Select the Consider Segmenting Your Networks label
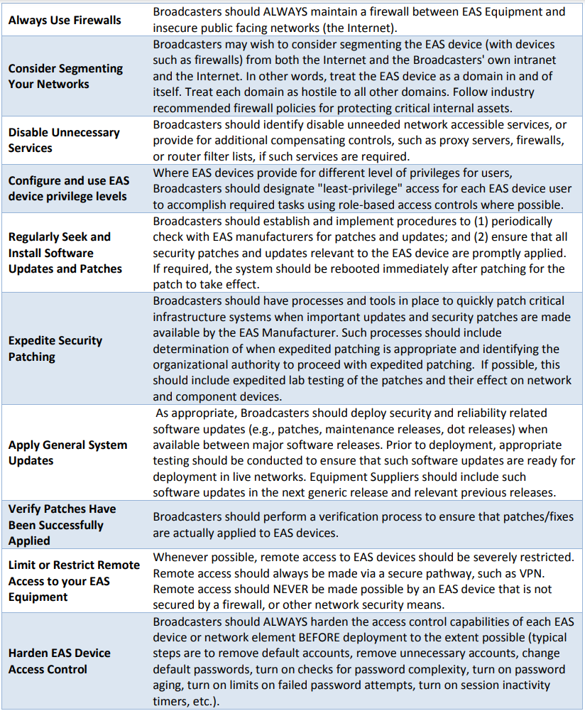pos(65,76)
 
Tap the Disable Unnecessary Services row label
pos(64,140)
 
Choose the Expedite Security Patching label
pos(55,348)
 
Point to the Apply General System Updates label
pos(67,452)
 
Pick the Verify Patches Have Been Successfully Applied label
pos(62,525)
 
